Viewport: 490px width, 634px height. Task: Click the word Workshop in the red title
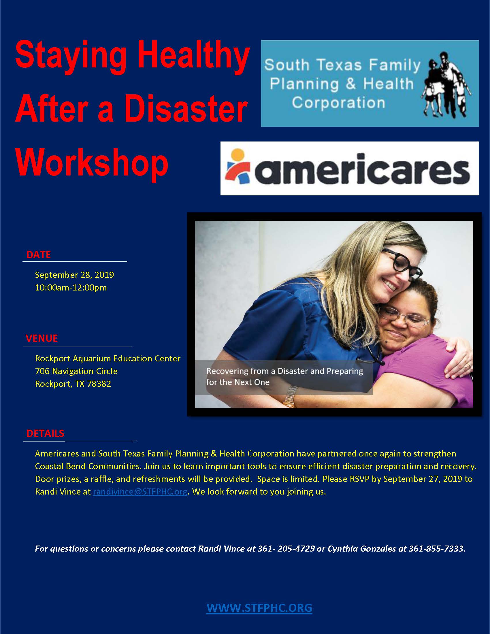pyautogui.click(x=92, y=163)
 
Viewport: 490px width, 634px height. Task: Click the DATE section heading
pyautogui.click(x=39, y=254)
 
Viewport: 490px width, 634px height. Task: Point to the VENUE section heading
pyautogui.click(x=42, y=338)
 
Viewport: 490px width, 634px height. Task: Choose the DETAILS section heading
pyautogui.click(x=45, y=433)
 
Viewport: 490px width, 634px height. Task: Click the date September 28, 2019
pyautogui.click(x=74, y=275)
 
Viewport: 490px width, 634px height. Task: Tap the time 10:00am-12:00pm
pyautogui.click(x=71, y=288)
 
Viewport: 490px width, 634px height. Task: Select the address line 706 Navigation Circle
pyautogui.click(x=76, y=371)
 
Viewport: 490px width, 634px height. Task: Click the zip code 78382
pyautogui.click(x=99, y=384)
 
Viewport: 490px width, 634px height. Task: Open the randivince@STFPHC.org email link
pyautogui.click(x=140, y=492)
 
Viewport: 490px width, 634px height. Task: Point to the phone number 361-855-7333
pyautogui.click(x=437, y=548)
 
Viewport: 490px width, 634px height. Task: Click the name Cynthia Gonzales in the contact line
pyautogui.click(x=362, y=548)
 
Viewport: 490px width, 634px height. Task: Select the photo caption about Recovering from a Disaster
pyautogui.click(x=284, y=377)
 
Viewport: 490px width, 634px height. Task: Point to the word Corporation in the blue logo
pyautogui.click(x=338, y=103)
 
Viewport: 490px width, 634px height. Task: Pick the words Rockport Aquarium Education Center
pyautogui.click(x=108, y=358)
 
